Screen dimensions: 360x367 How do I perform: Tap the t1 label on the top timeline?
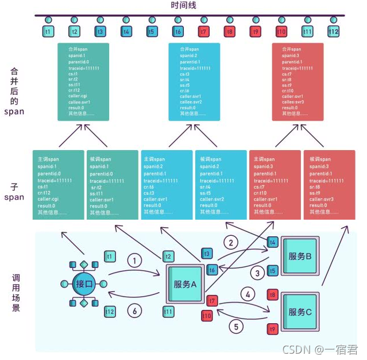pos(48,32)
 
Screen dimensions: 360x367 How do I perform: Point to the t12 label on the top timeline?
pos(333,32)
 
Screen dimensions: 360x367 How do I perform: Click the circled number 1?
pos(134,261)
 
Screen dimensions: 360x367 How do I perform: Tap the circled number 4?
pos(247,293)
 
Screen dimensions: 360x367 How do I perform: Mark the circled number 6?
pos(134,311)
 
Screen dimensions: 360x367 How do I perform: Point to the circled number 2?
pos(231,243)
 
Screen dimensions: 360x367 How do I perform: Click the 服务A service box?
pos(185,284)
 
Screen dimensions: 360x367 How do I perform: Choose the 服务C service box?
pos(300,312)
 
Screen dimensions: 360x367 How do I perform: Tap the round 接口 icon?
pos(83,284)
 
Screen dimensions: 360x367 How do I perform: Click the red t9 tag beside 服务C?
pos(272,329)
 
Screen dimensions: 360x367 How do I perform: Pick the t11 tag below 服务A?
pos(168,311)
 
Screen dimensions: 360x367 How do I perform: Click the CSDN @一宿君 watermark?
pos(328,349)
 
